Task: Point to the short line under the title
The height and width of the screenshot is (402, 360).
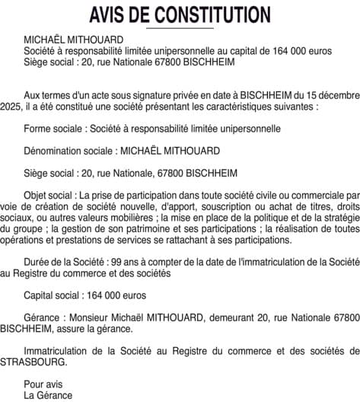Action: click(x=180, y=28)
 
